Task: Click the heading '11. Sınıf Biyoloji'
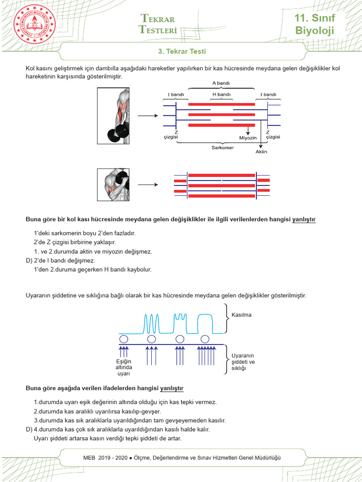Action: [314, 24]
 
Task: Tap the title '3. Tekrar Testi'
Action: [181, 51]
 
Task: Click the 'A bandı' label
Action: [221, 84]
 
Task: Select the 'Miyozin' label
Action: [248, 137]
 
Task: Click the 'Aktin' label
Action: [261, 152]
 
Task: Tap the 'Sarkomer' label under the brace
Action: [222, 147]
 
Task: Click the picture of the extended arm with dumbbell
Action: [113, 116]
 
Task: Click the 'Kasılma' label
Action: [241, 315]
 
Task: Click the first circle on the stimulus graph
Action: [123, 339]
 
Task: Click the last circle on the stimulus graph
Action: [205, 339]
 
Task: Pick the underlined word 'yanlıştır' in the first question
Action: [304, 219]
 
